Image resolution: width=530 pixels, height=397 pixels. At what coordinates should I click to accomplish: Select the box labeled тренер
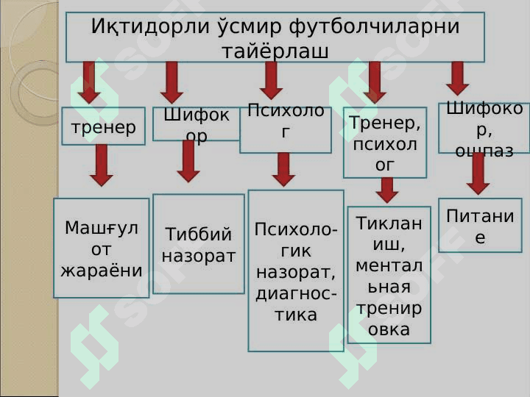coord(103,126)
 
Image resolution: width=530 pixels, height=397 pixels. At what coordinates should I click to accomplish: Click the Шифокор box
coord(197,124)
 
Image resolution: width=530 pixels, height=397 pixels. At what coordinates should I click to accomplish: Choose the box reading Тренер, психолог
coord(385,143)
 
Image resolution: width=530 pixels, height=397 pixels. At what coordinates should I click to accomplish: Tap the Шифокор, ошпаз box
coord(484,128)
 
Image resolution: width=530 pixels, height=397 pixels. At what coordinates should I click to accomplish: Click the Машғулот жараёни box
coord(102,248)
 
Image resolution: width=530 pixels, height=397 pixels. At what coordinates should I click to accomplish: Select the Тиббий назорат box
coord(198,244)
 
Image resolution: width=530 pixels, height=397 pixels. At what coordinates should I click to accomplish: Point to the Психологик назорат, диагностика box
coord(296,271)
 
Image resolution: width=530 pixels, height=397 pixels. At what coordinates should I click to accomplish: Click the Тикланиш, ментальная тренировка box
coord(389,275)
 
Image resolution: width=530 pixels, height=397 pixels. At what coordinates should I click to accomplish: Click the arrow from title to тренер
coord(89,82)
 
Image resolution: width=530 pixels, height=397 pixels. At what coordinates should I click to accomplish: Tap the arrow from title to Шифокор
coord(172,82)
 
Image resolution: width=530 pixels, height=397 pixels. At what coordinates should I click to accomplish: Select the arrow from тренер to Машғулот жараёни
coord(102,166)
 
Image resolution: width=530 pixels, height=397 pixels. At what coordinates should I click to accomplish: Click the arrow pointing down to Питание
coord(478,174)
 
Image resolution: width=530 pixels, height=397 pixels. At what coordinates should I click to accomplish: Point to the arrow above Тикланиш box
coord(386,190)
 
